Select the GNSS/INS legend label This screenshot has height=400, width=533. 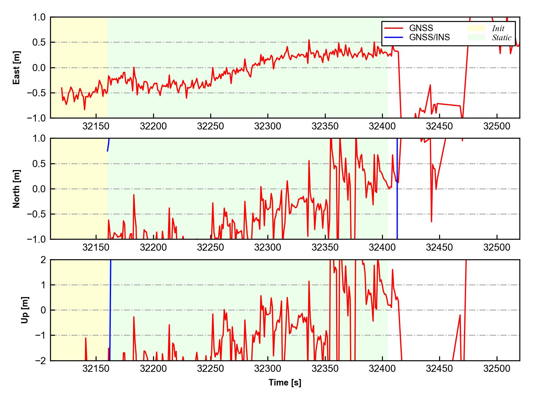[429, 37]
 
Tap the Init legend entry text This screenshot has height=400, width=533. [498, 28]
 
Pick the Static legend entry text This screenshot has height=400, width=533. [502, 38]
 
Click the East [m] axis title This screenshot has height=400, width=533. [17, 68]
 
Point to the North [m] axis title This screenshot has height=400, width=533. [17, 189]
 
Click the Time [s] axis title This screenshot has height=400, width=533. [285, 383]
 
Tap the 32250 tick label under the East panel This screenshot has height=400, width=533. [211, 126]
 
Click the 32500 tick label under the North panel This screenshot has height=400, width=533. [497, 247]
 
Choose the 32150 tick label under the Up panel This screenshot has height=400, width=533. [96, 369]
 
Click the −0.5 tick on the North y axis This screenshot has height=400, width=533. [36, 214]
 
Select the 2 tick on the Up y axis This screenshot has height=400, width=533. [43, 260]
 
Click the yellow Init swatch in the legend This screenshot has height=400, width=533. [476, 28]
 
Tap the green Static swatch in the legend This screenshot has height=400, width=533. [476, 37]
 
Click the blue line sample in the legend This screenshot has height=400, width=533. [394, 37]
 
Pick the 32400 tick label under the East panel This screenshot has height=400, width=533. [382, 126]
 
